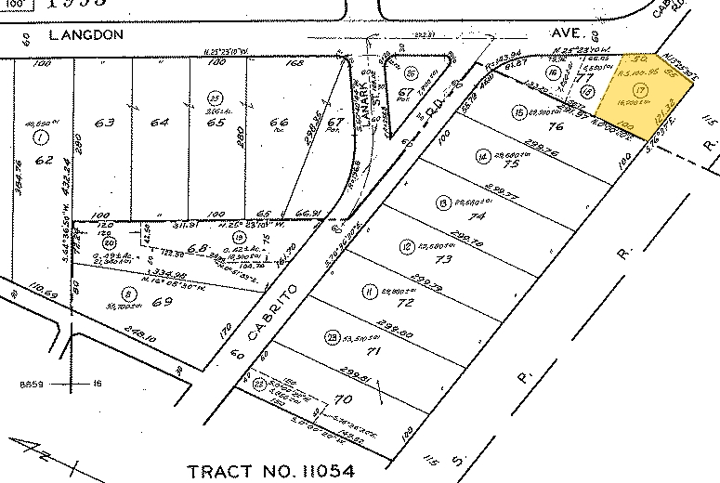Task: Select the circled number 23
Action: click(331, 336)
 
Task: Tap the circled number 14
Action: click(482, 155)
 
